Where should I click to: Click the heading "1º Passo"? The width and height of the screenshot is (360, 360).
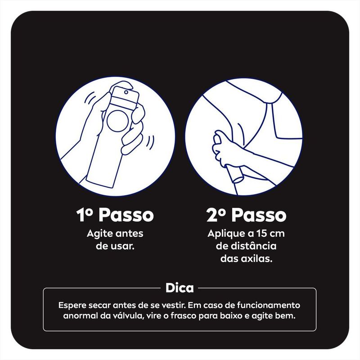[x=115, y=215]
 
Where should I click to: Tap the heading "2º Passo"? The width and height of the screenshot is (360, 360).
[x=246, y=215]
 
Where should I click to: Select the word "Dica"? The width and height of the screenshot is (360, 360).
[x=180, y=288]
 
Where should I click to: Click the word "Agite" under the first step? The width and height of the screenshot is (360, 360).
[x=99, y=234]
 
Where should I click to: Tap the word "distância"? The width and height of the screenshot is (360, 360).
[x=254, y=246]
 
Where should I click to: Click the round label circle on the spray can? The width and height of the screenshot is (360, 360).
[x=118, y=121]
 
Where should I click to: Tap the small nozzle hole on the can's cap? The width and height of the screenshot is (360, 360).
[x=126, y=92]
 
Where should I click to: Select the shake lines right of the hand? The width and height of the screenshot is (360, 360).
[x=150, y=142]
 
